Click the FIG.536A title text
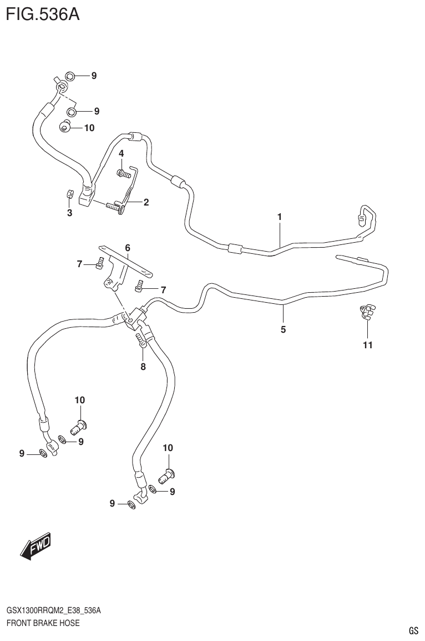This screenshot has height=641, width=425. tap(43, 13)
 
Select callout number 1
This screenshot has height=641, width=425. tap(280, 217)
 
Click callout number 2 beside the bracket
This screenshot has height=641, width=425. tap(146, 202)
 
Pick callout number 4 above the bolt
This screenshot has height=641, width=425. tap(120, 153)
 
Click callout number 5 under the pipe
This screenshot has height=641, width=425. tap(283, 329)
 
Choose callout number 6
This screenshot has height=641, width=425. tap(127, 247)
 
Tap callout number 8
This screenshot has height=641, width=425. tap(143, 366)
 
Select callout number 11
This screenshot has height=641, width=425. tap(367, 345)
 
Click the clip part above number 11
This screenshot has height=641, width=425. tap(367, 313)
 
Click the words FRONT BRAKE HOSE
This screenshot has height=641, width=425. tap(43, 623)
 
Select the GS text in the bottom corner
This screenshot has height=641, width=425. tap(413, 630)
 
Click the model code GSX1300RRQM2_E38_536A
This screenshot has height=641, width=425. tap(53, 610)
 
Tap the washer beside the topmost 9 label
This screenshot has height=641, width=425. tap(70, 76)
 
